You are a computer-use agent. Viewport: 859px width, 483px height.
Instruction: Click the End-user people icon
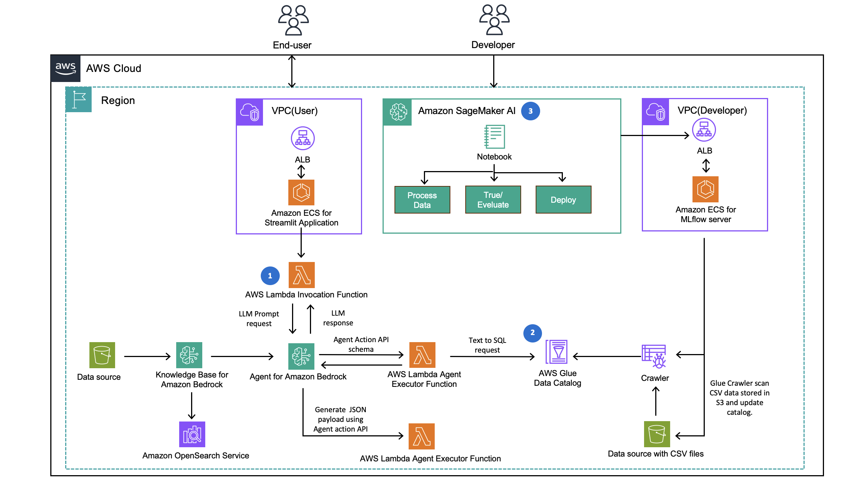point(293,20)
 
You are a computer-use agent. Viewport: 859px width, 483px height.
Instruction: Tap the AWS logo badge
point(66,69)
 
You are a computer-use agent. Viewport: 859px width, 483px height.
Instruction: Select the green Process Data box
point(422,200)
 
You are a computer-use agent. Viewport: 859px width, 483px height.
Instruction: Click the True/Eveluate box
point(493,200)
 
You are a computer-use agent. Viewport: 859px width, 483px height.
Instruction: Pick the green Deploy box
point(563,200)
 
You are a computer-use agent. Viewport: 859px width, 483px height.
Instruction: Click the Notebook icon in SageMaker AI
point(494,137)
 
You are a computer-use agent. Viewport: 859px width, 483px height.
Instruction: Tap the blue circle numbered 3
point(530,111)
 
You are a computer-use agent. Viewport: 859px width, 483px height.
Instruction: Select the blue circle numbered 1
point(270,276)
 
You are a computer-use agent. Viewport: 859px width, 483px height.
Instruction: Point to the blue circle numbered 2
point(532,333)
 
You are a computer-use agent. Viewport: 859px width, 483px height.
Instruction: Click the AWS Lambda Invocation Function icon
point(301,275)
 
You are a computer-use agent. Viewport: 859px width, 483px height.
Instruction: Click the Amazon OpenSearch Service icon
point(192,434)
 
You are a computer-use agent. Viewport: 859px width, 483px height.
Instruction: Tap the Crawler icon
point(654,356)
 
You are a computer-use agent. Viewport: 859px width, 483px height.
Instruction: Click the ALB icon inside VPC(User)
point(302,138)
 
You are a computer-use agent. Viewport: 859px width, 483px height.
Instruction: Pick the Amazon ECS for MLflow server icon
point(705,189)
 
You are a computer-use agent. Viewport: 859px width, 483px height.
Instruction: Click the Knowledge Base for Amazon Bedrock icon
point(189,355)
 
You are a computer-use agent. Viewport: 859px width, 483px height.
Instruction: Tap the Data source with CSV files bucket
point(657,434)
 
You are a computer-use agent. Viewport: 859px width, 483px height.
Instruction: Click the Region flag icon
point(79,100)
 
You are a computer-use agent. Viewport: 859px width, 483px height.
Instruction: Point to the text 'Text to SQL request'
point(487,345)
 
